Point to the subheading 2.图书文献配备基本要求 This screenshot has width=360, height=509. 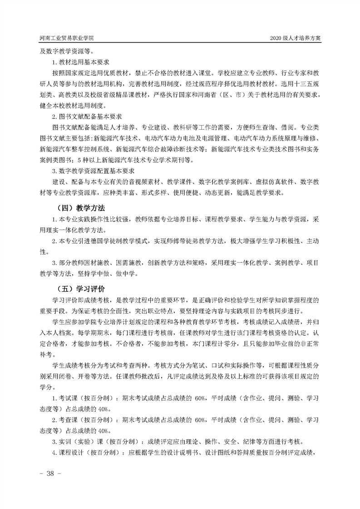89,117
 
